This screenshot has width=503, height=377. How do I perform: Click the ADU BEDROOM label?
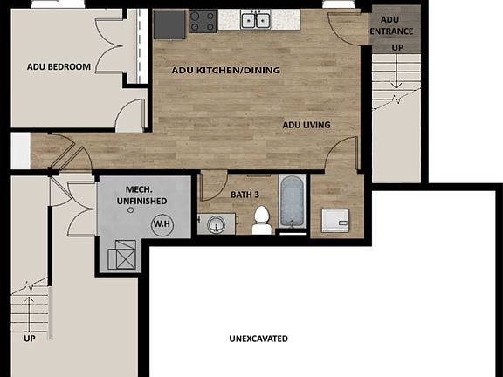pyautogui.click(x=59, y=66)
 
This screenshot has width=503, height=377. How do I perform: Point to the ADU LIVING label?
pyautogui.click(x=307, y=125)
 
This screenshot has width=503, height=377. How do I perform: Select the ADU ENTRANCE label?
pyautogui.click(x=391, y=27)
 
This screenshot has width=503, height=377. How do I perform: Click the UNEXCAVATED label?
pyautogui.click(x=258, y=339)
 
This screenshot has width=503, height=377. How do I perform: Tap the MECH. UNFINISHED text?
pyautogui.click(x=141, y=195)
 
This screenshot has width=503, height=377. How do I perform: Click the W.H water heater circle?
pyautogui.click(x=162, y=224)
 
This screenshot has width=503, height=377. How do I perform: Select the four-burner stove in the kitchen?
pyautogui.click(x=203, y=21)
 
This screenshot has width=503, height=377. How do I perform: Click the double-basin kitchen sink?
pyautogui.click(x=257, y=20)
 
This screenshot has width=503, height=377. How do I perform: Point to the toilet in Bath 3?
pyautogui.click(x=261, y=225)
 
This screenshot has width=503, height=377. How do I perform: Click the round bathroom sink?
pyautogui.click(x=217, y=224)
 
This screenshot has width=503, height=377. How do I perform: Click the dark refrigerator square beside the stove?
pyautogui.click(x=169, y=24)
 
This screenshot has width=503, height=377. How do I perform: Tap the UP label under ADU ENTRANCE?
pyautogui.click(x=398, y=47)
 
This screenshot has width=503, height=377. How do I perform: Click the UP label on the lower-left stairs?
pyautogui.click(x=30, y=338)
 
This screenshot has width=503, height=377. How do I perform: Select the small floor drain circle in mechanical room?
pyautogui.click(x=130, y=222)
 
